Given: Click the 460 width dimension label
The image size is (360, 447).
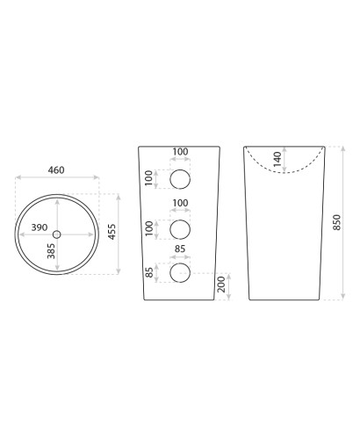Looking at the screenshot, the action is tap(56, 170).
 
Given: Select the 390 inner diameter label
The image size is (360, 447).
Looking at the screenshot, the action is tap(40, 227).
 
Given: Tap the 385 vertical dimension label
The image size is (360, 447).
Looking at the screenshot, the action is tap(51, 251).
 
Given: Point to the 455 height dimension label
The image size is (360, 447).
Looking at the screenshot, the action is tap(112, 232).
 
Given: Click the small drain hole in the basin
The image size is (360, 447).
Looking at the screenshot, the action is tap(57, 234).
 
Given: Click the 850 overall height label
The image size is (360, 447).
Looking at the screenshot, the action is tap(337, 222).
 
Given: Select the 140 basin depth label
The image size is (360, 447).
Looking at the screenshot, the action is tap(277, 159).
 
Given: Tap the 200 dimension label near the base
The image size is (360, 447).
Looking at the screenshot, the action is tap(221, 284).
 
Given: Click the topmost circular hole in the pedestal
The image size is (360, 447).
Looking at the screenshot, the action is tap(180, 179).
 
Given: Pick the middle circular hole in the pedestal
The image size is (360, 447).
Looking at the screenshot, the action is tap(180, 229).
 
